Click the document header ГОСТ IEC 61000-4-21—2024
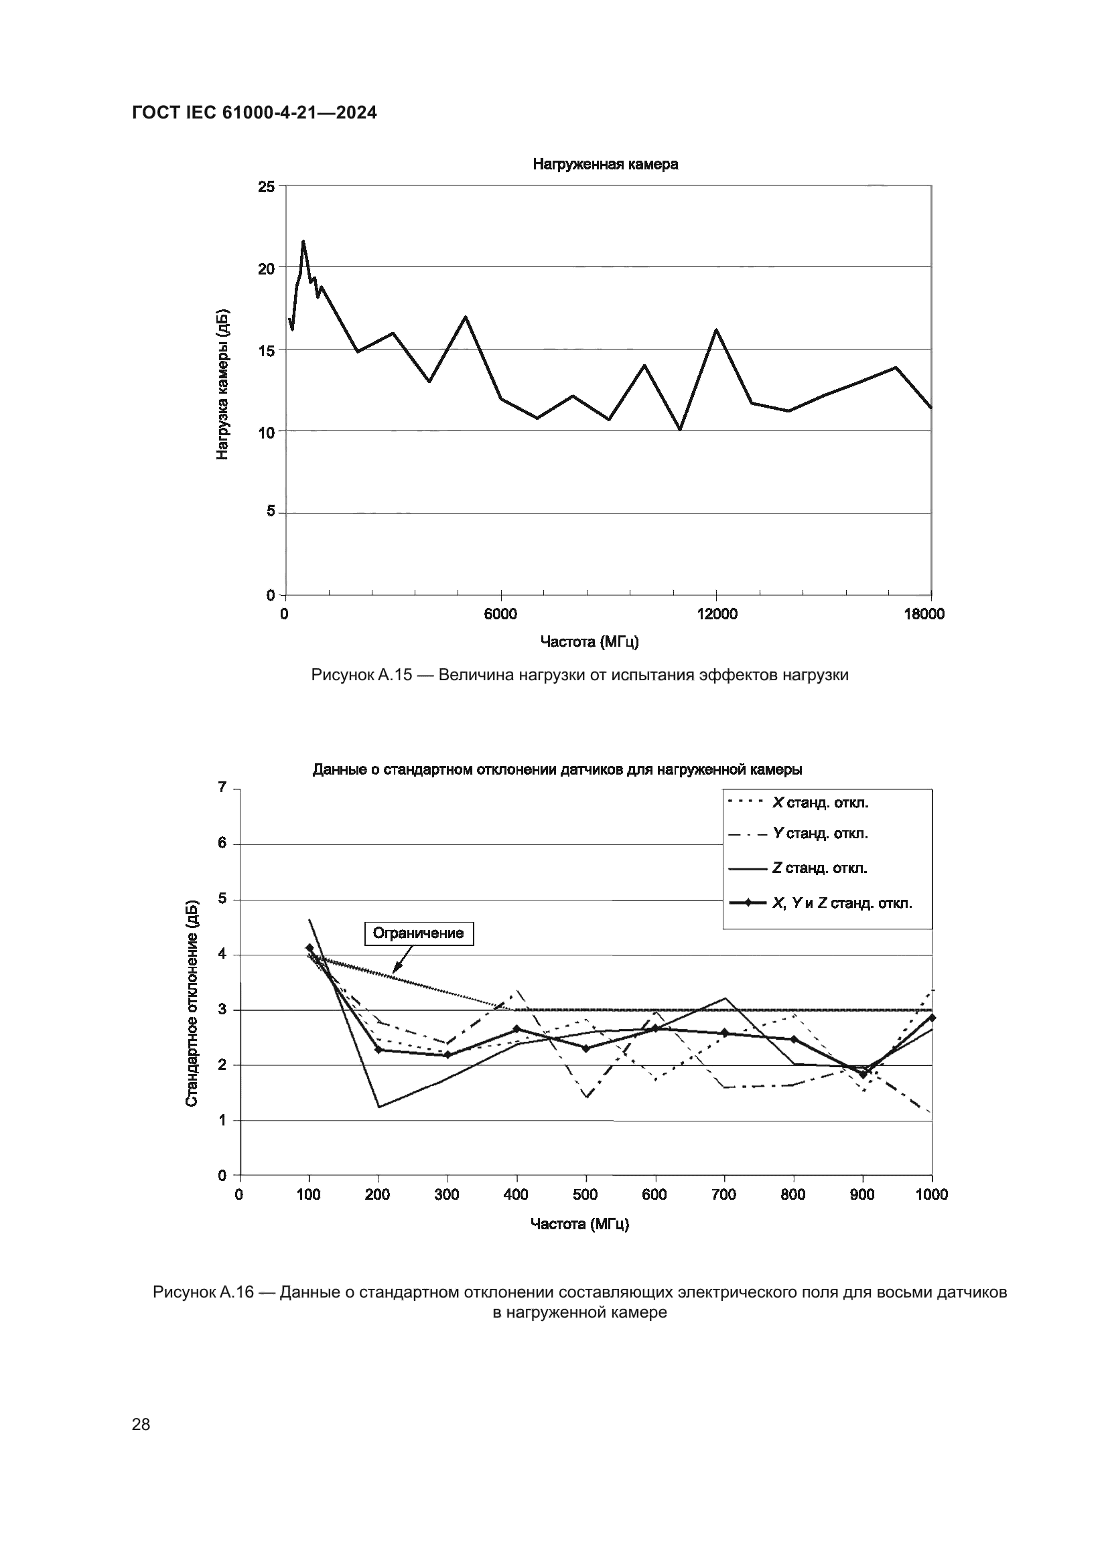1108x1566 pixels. [254, 113]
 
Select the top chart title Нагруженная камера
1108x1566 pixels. [605, 165]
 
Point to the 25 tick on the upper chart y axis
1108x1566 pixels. [266, 186]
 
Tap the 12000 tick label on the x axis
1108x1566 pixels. [717, 614]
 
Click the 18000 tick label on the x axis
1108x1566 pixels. [924, 614]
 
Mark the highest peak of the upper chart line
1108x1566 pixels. [303, 241]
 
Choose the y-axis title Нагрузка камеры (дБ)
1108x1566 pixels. [222, 385]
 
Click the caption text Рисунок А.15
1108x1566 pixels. [362, 676]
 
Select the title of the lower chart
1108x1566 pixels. [557, 770]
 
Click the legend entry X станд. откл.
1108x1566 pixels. [820, 803]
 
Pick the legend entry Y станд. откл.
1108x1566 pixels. [820, 834]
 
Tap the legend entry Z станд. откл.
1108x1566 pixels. [819, 868]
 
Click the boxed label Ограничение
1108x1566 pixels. [419, 933]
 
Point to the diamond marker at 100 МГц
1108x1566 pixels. [309, 948]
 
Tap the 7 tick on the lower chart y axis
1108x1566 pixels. [222, 788]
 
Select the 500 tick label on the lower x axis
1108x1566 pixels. [585, 1194]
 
